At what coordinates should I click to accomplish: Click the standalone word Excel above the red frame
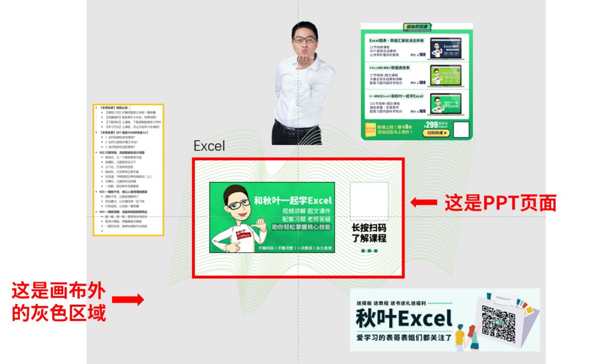[x=209, y=146]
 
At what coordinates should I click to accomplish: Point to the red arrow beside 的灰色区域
[x=128, y=300]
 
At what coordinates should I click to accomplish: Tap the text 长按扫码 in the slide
[x=369, y=228]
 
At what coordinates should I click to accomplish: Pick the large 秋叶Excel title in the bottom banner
[x=404, y=318]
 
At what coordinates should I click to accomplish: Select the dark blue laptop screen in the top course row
[x=444, y=48]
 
